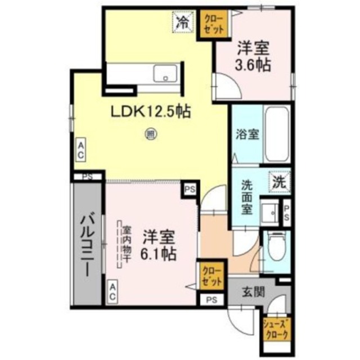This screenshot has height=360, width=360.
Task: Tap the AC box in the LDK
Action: [x=81, y=150]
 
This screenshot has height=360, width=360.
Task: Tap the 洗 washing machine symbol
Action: [x=278, y=181]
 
